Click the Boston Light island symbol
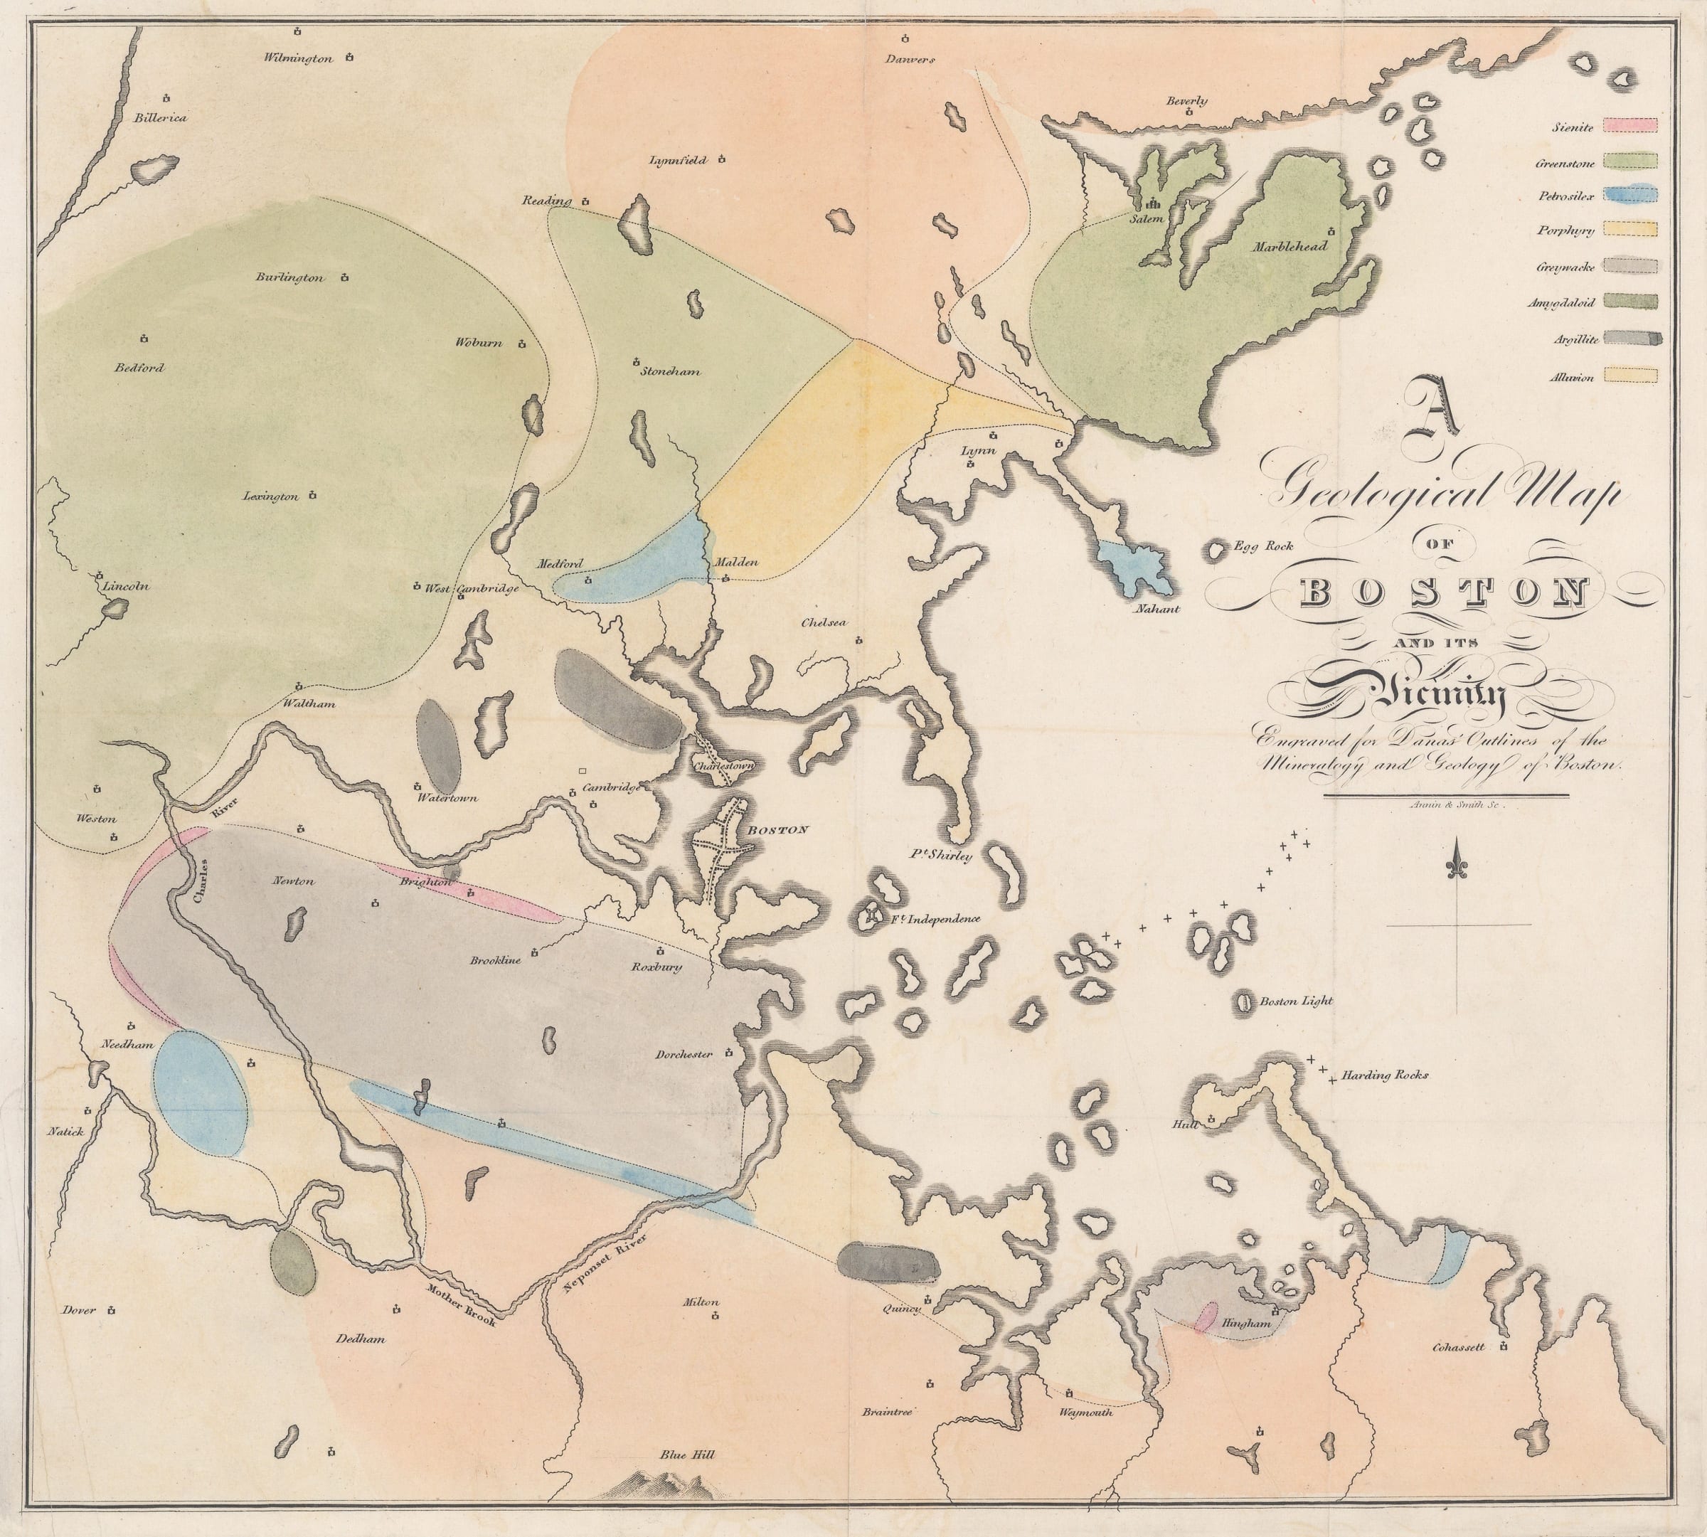tap(1244, 1002)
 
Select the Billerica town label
tap(161, 117)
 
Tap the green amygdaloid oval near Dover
tap(292, 1262)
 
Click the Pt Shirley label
tap(941, 855)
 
